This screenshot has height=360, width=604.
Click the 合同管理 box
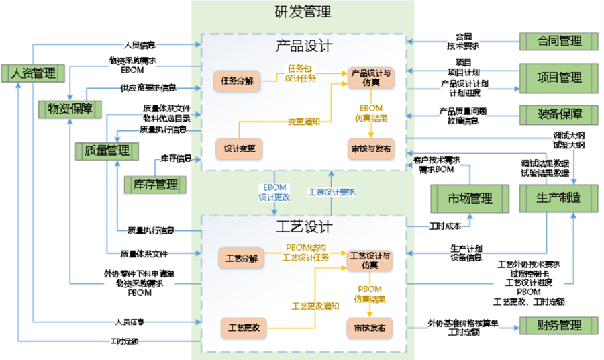[558, 41]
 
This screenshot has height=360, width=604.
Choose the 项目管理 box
[559, 77]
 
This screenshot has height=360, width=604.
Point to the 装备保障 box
[559, 113]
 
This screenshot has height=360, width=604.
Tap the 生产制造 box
[558, 198]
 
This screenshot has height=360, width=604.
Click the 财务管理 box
[558, 326]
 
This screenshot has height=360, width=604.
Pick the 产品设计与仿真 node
[370, 77]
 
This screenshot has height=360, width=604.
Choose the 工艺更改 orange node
[241, 328]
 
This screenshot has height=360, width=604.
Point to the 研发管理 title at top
[303, 11]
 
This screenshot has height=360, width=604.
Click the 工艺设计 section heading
[303, 226]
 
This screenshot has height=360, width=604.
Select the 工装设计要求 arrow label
[332, 192]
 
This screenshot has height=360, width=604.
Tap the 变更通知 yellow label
[304, 122]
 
